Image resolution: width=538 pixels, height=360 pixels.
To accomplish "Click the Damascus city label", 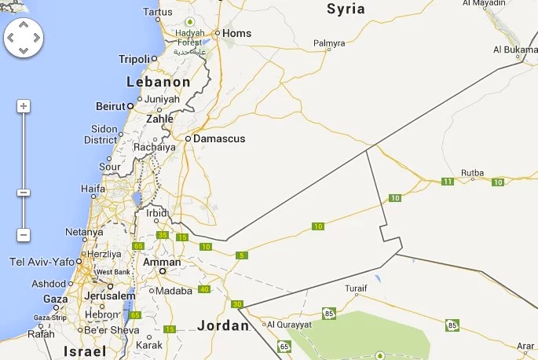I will click(219, 138).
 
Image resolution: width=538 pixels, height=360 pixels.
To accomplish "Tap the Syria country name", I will click(346, 9).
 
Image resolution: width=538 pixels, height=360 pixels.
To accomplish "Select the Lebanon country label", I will click(159, 82).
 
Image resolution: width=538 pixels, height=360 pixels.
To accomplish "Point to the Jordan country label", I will click(223, 325).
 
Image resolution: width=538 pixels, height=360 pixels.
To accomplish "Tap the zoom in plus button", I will click(24, 106).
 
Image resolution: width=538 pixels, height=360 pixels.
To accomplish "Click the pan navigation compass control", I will click(24, 37).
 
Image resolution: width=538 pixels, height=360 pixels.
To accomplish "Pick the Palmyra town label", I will click(329, 43).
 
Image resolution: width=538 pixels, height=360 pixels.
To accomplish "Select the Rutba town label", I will click(472, 172).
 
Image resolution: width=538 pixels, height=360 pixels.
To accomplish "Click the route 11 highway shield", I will click(447, 182).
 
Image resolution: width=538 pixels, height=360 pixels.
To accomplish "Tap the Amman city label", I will click(162, 263).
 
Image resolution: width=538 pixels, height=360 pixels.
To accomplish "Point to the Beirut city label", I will click(110, 106).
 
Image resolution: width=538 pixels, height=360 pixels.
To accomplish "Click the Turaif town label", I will click(356, 288).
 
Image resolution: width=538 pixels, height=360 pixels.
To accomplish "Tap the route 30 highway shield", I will click(237, 304).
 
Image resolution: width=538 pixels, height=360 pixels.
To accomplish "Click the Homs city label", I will click(236, 33).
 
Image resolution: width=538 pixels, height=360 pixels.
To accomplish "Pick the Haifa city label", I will click(93, 189).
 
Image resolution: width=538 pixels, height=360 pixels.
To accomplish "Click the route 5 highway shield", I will click(241, 255).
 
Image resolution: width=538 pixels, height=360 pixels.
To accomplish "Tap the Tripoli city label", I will click(134, 59).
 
